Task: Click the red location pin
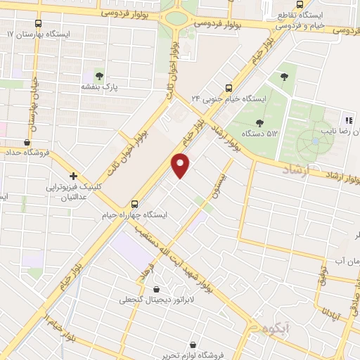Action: pyautogui.click(x=181, y=165)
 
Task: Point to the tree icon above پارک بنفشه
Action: pyautogui.click(x=99, y=75)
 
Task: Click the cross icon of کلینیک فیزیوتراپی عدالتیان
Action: pyautogui.click(x=73, y=176)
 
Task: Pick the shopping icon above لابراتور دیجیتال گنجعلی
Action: pyautogui.click(x=155, y=289)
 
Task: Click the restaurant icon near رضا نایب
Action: pyautogui.click(x=347, y=120)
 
